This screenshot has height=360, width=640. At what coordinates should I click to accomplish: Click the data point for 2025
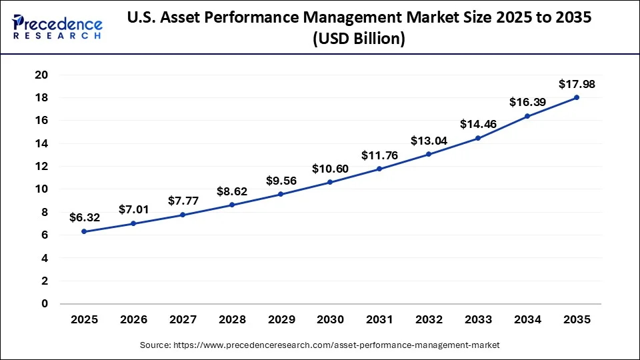(x=84, y=231)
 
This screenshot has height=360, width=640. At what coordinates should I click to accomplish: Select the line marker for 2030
(x=330, y=182)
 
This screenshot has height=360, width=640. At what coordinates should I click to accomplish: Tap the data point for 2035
(x=577, y=97)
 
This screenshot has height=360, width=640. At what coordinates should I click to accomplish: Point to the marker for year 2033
(x=478, y=138)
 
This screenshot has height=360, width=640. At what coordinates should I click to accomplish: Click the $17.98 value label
(x=577, y=84)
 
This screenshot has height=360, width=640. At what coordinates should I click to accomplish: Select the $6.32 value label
(x=84, y=217)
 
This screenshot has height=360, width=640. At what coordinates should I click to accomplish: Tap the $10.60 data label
(x=330, y=169)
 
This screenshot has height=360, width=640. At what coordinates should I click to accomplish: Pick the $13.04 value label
(x=429, y=141)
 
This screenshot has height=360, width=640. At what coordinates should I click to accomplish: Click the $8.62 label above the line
(x=232, y=191)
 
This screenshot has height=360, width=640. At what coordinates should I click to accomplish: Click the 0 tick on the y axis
(x=44, y=303)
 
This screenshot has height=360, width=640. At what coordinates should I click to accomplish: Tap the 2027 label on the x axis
(x=183, y=320)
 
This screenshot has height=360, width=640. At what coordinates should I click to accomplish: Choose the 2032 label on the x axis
(x=429, y=320)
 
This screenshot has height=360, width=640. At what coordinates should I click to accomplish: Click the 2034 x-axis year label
(x=527, y=320)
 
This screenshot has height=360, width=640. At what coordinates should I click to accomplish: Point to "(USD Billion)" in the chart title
(x=358, y=39)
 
